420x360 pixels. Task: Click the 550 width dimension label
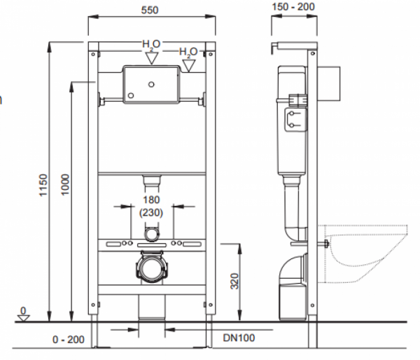pyautogui.click(x=150, y=11)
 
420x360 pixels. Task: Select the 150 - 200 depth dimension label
pyautogui.click(x=293, y=7)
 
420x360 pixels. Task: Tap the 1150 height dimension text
pyautogui.click(x=43, y=185)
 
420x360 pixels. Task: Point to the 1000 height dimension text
pyautogui.click(x=65, y=185)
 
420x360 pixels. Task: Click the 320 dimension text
pyautogui.click(x=234, y=281)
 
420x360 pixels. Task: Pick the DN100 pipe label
pyautogui.click(x=239, y=338)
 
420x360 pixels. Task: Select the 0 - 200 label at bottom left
pyautogui.click(x=69, y=340)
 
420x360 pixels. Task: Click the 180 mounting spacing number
pyautogui.click(x=151, y=200)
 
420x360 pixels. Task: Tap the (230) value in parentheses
pyautogui.click(x=151, y=213)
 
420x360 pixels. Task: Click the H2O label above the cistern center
pyautogui.click(x=151, y=44)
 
